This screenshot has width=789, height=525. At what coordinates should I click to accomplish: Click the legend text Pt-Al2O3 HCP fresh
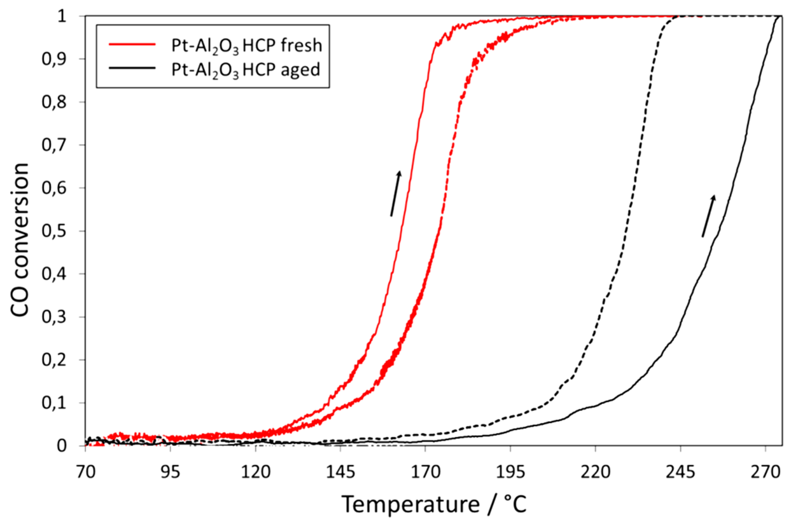pyautogui.click(x=247, y=45)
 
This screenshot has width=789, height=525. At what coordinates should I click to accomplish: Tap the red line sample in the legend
pyautogui.click(x=133, y=44)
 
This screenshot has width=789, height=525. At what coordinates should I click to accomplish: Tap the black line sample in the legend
pyautogui.click(x=133, y=69)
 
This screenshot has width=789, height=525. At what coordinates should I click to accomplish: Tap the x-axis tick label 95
pyautogui.click(x=171, y=472)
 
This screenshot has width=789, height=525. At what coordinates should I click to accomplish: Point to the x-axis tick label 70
pyautogui.click(x=86, y=472)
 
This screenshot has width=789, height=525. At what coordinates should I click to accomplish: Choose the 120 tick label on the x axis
pyautogui.click(x=255, y=472)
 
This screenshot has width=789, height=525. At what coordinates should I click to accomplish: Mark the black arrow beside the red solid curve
pyautogui.click(x=395, y=193)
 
